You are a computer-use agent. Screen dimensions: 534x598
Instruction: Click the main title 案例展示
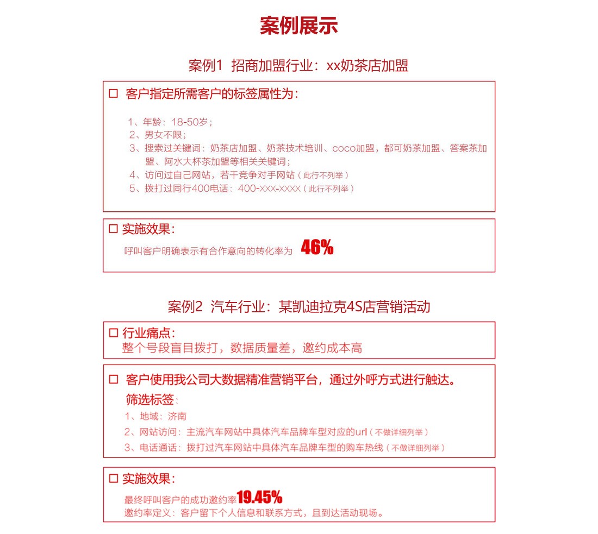298,26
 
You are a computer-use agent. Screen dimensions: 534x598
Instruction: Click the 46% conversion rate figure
317,248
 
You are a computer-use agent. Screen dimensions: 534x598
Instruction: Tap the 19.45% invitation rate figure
259,497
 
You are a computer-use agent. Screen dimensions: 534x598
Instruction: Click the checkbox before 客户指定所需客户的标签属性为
114,93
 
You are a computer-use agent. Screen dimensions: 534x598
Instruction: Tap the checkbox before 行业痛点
114,332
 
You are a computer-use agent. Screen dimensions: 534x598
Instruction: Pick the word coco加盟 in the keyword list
353,148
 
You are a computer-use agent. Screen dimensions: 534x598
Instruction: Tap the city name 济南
177,417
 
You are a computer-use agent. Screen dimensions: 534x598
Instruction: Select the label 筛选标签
150,400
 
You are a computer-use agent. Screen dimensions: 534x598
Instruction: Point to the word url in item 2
362,432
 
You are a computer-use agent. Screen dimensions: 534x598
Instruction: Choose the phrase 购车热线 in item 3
367,448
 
